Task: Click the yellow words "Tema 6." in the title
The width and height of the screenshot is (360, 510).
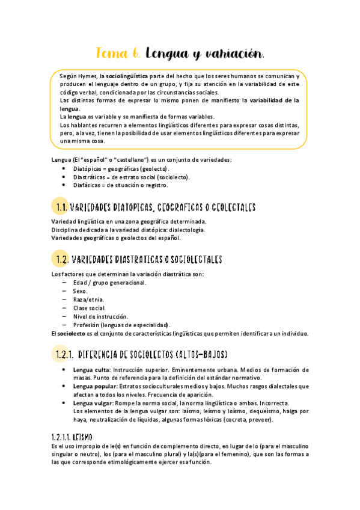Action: tap(118, 54)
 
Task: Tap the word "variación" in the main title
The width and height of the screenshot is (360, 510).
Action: tap(233, 54)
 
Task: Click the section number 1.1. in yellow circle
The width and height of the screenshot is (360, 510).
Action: tap(60, 207)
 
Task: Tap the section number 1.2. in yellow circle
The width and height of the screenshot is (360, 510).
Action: tap(60, 259)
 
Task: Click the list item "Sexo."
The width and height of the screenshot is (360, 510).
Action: tap(80, 291)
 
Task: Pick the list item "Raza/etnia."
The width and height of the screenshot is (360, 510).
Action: tap(88, 300)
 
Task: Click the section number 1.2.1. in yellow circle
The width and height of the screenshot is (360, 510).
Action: tap(63, 355)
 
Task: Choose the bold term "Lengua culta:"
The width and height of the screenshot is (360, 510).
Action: tap(91, 369)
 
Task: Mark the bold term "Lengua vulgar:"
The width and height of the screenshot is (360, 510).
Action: tap(93, 403)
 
